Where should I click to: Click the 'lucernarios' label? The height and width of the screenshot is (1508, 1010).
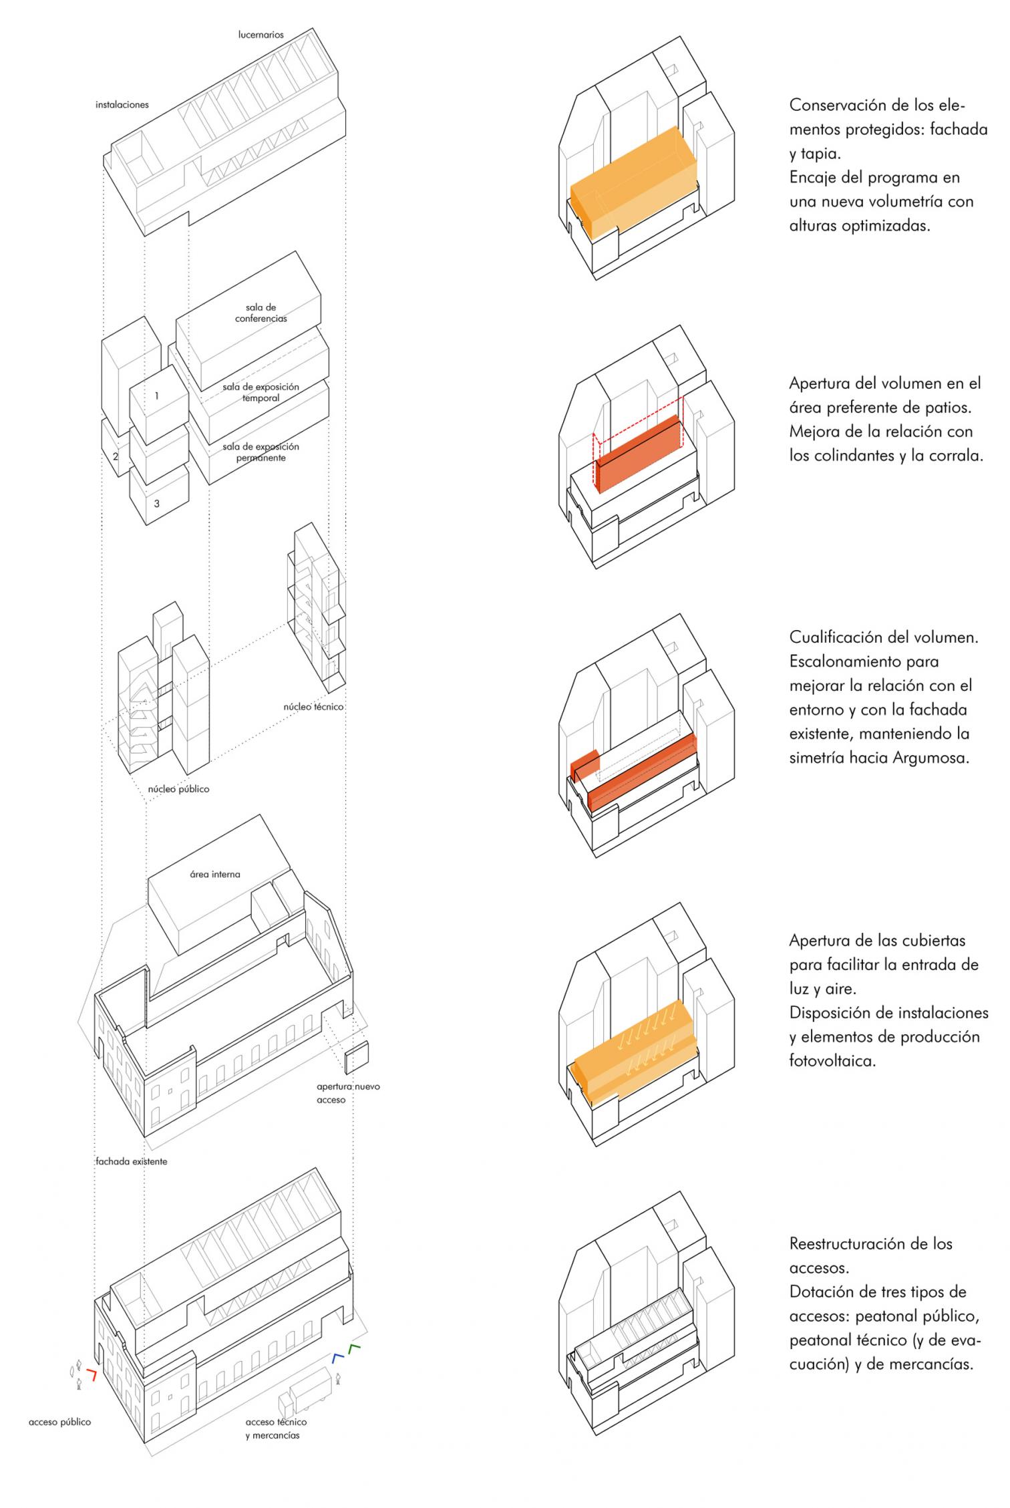[x=261, y=35]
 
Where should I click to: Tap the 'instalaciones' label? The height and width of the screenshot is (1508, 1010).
[x=122, y=105]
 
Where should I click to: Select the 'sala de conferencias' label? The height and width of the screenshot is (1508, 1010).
[x=261, y=313]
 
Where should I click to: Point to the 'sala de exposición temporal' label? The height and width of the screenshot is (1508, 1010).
[x=261, y=393]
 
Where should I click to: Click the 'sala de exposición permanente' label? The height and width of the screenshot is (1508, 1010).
[x=261, y=452]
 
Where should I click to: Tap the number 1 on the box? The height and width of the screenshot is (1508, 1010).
[x=157, y=396]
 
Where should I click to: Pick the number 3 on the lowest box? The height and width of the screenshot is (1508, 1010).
[x=157, y=504]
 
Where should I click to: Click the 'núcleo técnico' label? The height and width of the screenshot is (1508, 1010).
[x=313, y=706]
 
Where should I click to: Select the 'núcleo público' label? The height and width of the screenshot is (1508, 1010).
[x=178, y=789]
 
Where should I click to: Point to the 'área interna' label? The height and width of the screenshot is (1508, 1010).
[x=214, y=874]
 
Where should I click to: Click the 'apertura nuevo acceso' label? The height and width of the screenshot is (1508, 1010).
[x=347, y=1093]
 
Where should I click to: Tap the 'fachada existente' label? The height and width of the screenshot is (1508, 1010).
[x=131, y=1162]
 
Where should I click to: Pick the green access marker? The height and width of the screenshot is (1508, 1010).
[x=354, y=1347]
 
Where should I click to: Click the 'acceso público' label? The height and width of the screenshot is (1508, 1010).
[x=59, y=1422]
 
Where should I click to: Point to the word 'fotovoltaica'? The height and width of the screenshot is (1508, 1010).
[x=832, y=1061]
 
